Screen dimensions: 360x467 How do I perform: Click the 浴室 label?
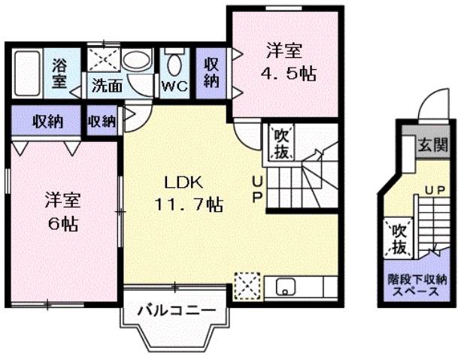click(x=58, y=71)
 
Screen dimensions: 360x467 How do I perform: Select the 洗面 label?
click(x=107, y=85)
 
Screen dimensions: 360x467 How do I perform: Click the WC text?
click(x=174, y=86)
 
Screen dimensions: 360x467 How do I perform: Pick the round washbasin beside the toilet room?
click(x=137, y=61)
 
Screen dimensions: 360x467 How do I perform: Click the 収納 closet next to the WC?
click(x=211, y=72)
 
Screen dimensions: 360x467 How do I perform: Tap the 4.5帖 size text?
click(x=287, y=73)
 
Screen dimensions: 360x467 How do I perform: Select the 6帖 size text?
click(x=62, y=223)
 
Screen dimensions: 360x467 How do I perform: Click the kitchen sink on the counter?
click(x=287, y=286)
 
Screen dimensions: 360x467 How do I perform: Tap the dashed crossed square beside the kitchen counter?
click(x=245, y=286)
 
